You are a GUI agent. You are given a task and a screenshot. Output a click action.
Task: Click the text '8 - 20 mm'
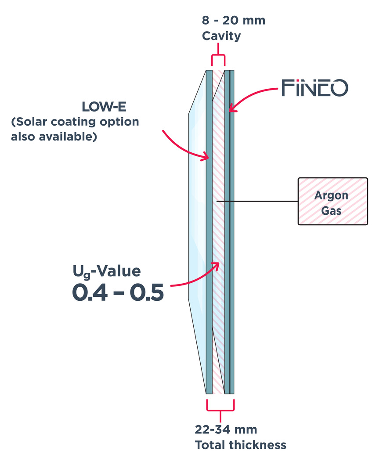233,20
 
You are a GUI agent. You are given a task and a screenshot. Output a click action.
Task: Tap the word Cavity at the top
221,36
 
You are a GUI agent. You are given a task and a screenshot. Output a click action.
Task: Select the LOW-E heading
104,107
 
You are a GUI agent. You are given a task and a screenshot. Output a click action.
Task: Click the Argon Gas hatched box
332,201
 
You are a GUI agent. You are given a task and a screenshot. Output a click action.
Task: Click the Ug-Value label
106,271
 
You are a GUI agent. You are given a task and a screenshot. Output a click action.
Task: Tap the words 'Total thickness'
240,445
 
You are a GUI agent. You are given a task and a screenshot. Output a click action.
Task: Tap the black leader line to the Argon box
259,201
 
